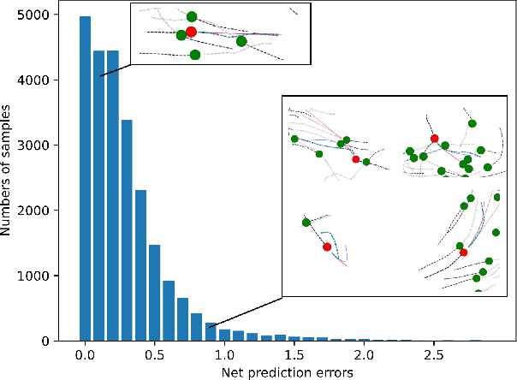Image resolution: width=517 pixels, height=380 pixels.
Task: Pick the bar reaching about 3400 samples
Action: [x=127, y=230]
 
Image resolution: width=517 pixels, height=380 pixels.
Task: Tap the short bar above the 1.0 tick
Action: [x=224, y=335]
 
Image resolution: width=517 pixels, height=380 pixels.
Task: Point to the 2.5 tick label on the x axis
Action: [x=434, y=354]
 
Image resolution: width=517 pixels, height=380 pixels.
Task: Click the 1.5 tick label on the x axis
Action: [x=294, y=354]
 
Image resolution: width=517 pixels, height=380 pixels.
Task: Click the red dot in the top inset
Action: [x=191, y=32]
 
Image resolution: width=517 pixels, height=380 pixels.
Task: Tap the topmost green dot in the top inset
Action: [x=192, y=17]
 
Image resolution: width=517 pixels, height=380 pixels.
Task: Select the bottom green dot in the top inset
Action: [x=195, y=55]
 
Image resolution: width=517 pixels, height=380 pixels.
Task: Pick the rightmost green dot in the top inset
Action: [x=241, y=41]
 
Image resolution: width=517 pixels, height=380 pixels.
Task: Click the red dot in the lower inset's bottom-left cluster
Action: [x=327, y=246]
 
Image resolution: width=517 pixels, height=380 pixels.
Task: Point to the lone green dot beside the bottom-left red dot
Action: [x=306, y=223]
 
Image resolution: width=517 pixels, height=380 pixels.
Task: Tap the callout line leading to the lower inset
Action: [x=246, y=312]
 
